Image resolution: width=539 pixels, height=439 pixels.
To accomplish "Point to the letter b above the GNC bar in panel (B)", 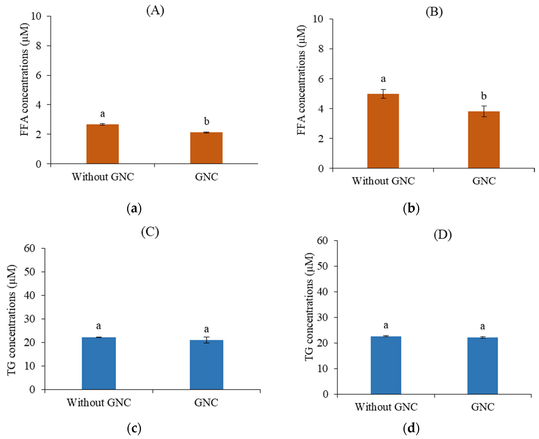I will [484, 96].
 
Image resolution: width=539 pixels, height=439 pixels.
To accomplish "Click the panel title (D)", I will [443, 235].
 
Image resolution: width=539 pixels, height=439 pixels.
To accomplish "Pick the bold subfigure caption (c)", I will [134, 428].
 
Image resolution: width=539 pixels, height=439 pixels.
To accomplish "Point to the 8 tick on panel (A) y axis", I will [38, 46].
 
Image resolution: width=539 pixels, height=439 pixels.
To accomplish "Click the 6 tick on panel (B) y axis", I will [321, 79].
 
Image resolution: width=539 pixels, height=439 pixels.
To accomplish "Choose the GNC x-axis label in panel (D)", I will [483, 407].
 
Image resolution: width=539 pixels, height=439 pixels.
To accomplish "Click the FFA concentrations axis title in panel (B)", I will [301, 80].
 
